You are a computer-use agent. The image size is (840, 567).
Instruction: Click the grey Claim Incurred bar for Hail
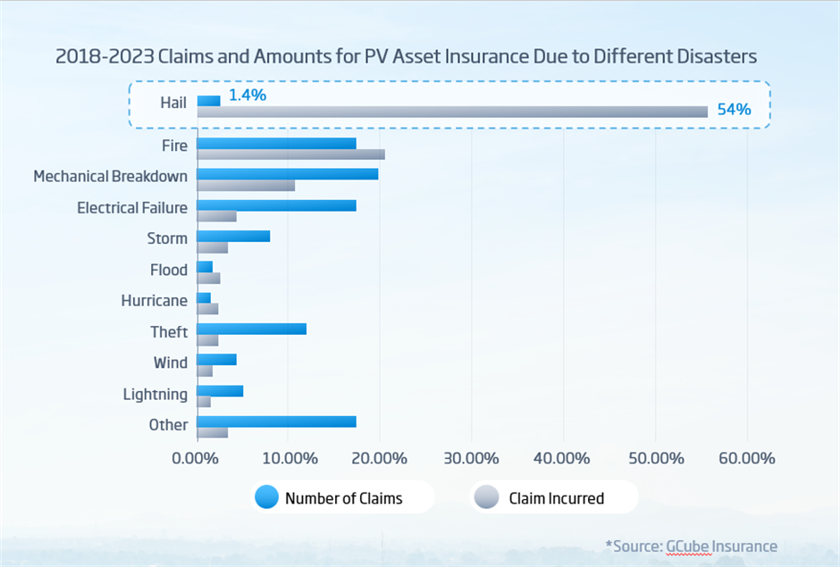[x=451, y=112]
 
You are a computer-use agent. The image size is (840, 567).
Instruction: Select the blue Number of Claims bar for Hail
[x=208, y=101]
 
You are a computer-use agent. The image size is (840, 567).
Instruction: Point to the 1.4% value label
[x=248, y=95]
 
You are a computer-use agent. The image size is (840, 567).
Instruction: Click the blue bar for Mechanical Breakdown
[x=287, y=174]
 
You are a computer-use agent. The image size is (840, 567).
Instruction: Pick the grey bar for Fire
[x=290, y=154]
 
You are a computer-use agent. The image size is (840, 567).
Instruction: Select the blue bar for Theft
[x=251, y=329]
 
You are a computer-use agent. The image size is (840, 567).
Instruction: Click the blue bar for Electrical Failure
[x=276, y=205]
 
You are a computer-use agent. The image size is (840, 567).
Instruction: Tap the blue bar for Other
[x=276, y=421]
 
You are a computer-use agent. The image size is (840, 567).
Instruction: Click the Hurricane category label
[x=155, y=301]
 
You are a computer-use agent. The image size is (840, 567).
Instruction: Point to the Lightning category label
[x=155, y=394]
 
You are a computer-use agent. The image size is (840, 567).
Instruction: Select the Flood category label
[x=169, y=270]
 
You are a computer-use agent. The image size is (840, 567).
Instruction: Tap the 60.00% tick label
[x=745, y=458]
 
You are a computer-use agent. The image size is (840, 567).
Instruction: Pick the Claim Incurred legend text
[x=556, y=498]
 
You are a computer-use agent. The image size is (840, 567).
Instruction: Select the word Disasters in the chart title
[x=710, y=56]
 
